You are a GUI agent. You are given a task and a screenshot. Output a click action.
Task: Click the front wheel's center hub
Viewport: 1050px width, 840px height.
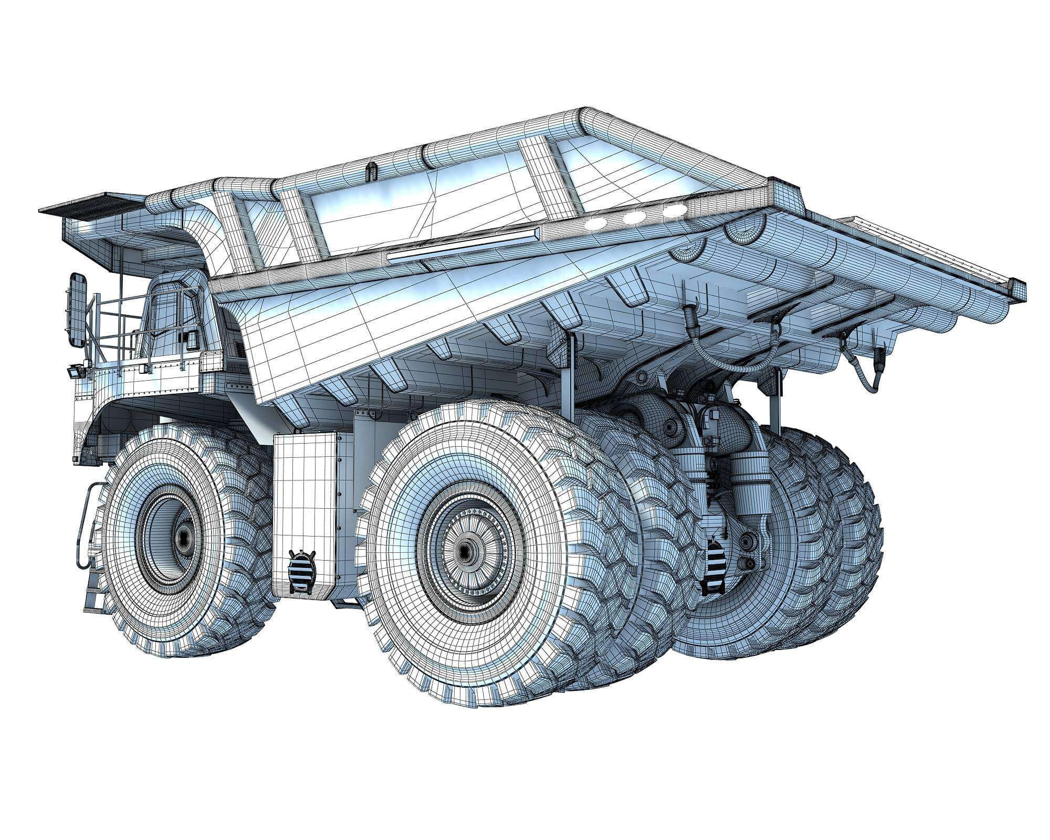tap(183, 537)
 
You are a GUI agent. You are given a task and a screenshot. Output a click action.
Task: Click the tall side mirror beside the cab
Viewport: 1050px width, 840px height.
tap(77, 310)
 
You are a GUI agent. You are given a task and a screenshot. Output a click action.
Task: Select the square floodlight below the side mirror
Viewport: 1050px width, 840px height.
tap(74, 373)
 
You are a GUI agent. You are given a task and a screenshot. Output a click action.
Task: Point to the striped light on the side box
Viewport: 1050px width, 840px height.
tap(303, 571)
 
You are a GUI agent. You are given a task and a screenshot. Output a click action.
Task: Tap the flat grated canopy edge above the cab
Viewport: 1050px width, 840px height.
tap(89, 205)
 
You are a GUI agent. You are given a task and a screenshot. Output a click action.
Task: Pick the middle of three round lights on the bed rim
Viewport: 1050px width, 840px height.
tap(634, 217)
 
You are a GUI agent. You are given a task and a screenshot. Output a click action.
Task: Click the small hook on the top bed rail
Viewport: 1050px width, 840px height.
tap(372, 171)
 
